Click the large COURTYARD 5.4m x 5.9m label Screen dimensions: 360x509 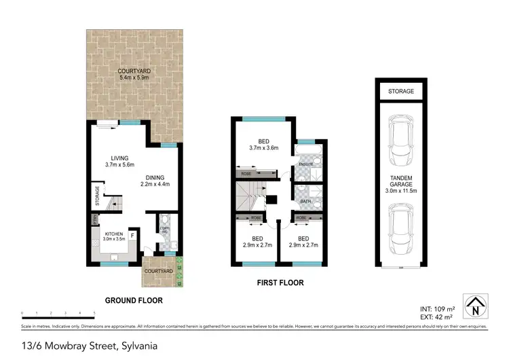[x=133, y=75]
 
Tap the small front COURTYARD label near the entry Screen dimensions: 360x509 [x=159, y=270]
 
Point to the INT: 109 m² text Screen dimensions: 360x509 [x=436, y=309]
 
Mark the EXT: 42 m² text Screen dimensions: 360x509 [x=436, y=317]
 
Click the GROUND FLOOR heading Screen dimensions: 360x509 [x=133, y=300]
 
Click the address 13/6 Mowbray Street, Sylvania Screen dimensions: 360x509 [x=83, y=346]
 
